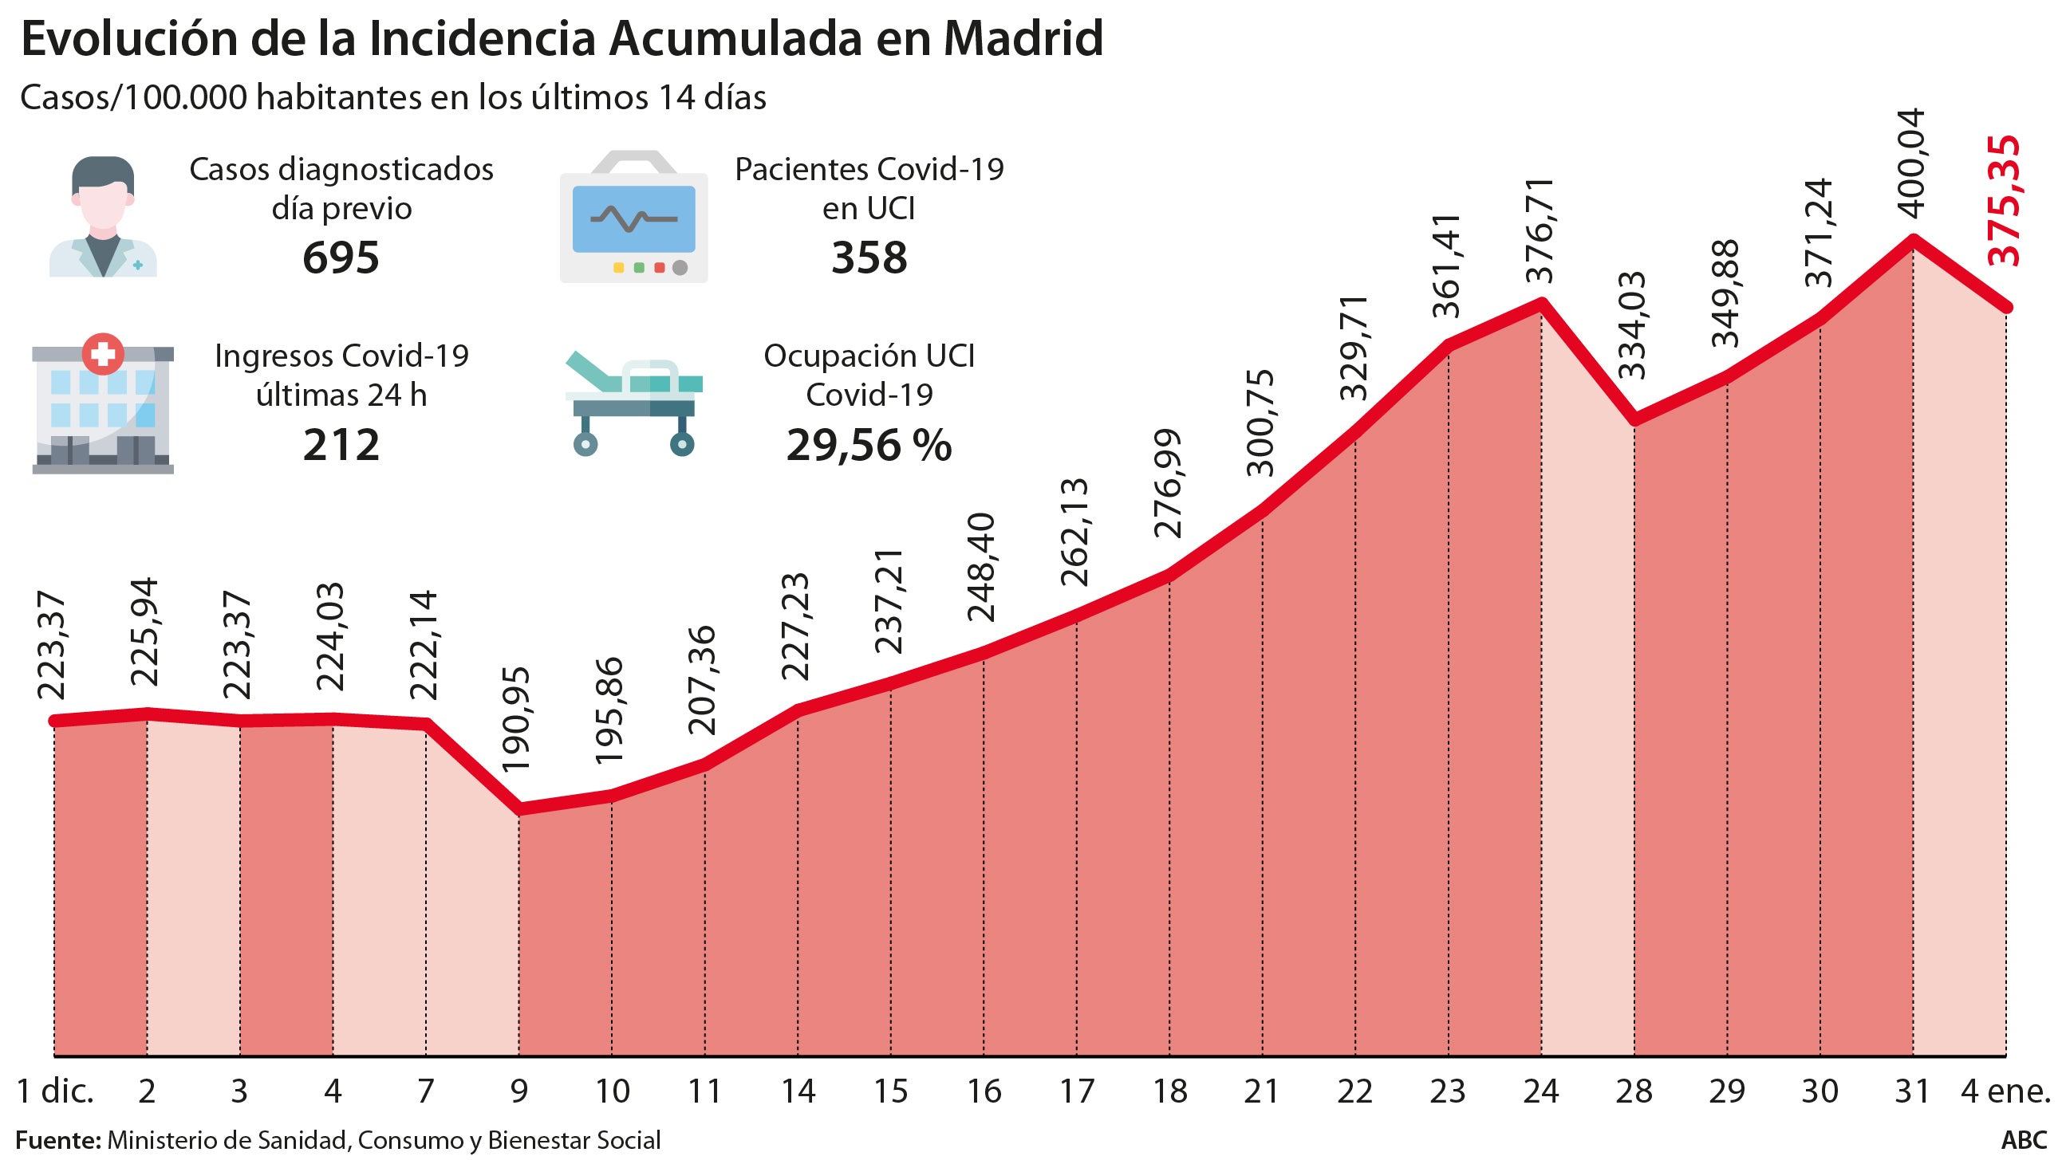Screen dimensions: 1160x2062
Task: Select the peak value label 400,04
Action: [1913, 165]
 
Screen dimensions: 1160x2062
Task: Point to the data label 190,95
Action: [518, 720]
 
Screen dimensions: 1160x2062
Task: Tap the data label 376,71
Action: [1541, 230]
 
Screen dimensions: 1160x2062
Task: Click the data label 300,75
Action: [1262, 423]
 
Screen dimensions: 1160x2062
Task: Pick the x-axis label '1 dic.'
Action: [56, 1091]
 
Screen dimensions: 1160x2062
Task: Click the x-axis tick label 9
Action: [518, 1091]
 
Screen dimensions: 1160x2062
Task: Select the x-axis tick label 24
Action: [1541, 1091]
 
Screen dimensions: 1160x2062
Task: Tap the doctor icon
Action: [103, 217]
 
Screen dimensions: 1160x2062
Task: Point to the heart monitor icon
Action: [633, 217]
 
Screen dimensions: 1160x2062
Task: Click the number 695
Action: [341, 258]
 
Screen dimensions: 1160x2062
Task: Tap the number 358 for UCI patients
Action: [869, 258]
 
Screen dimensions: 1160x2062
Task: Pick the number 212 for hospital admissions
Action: [341, 445]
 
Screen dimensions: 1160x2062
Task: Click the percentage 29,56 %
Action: [869, 445]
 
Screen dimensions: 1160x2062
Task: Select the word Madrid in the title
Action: [1023, 38]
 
